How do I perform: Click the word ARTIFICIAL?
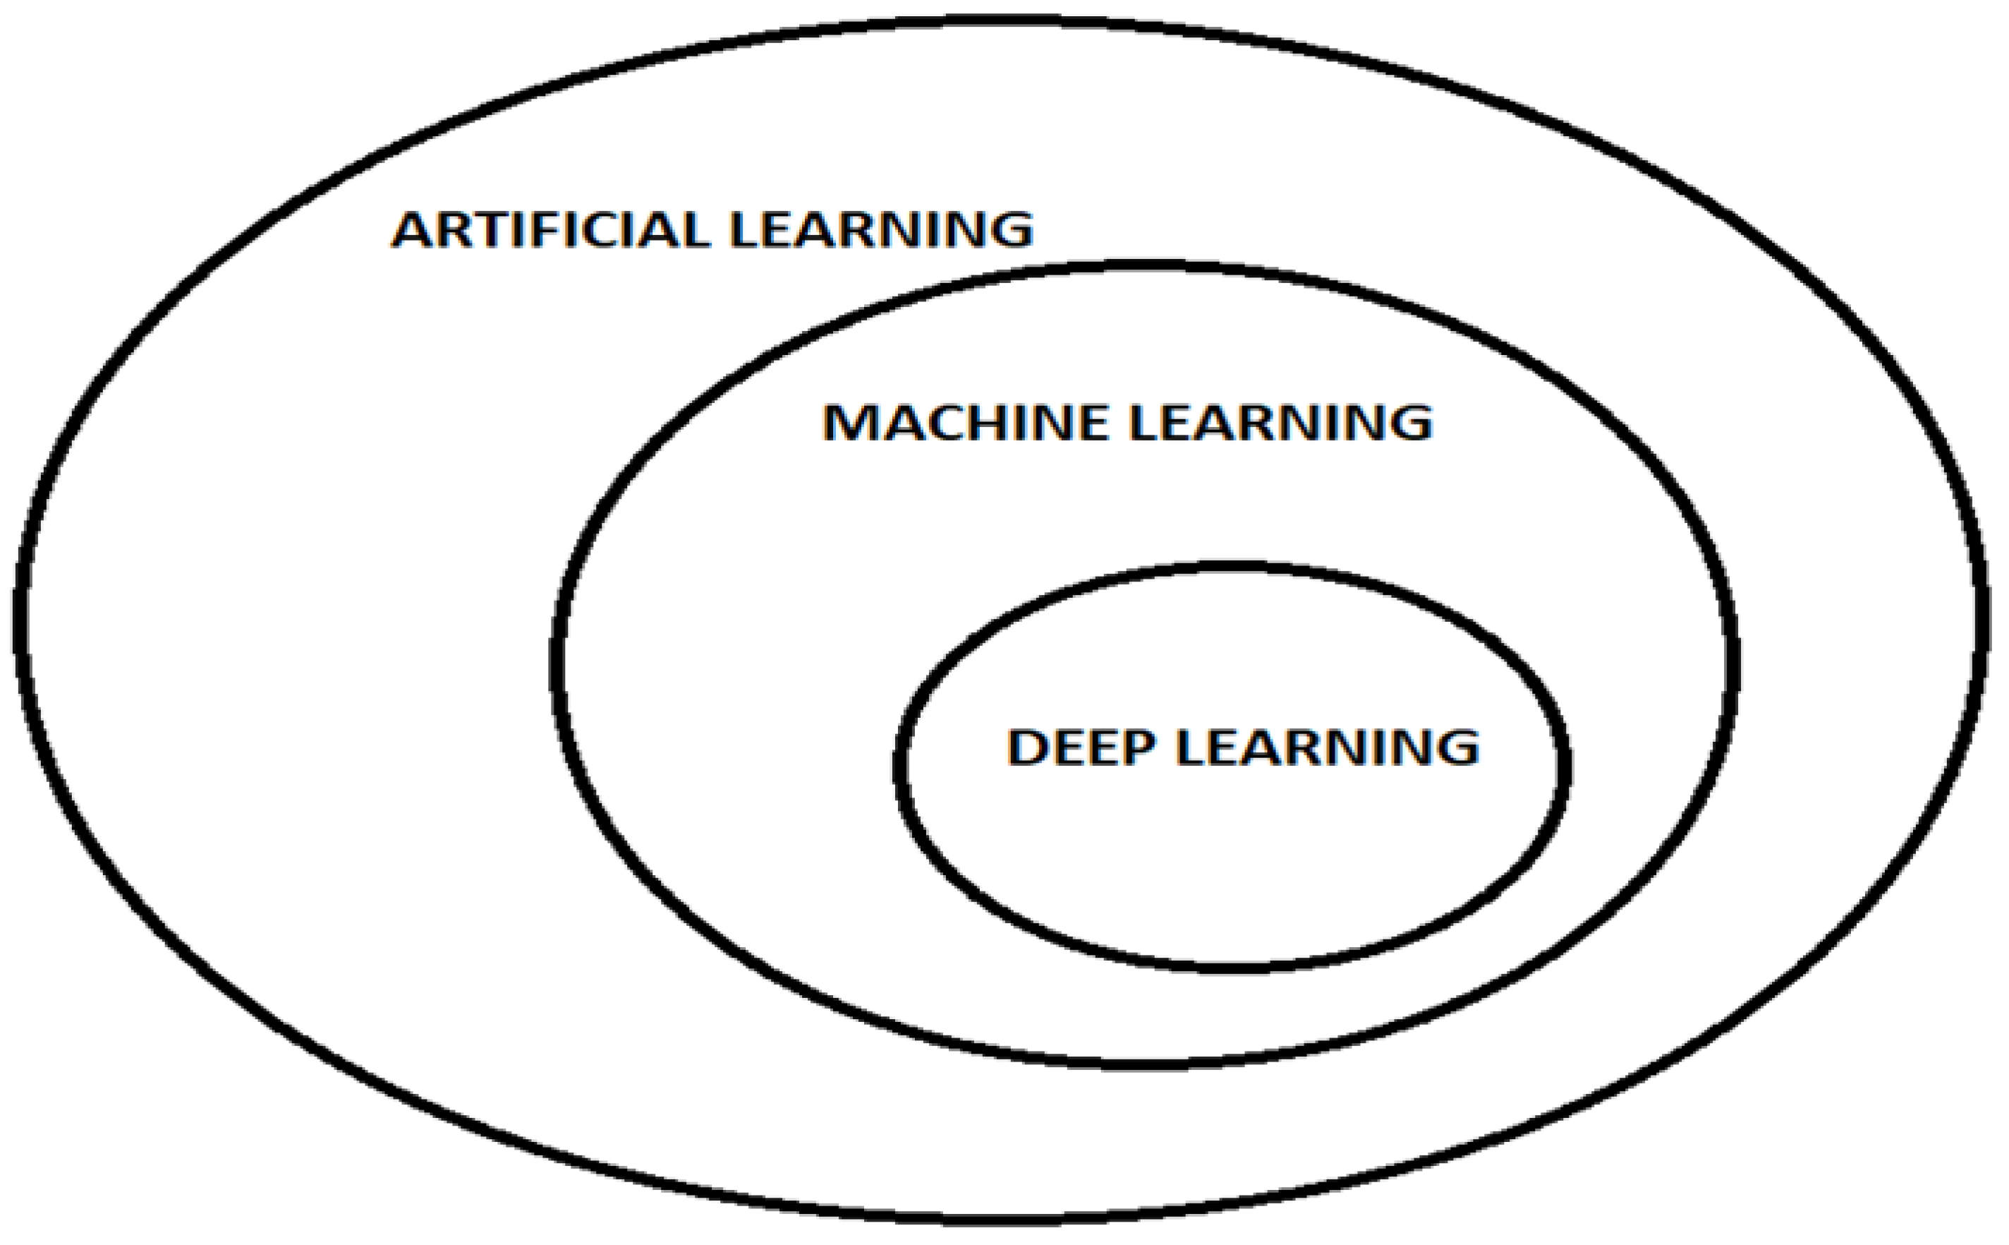549,230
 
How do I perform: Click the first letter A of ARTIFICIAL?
414,230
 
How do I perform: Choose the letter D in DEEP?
1026,747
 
